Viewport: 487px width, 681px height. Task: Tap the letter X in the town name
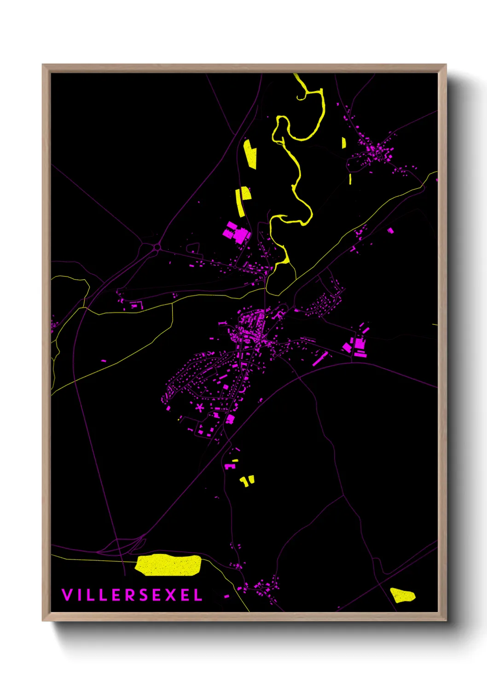[x=170, y=595]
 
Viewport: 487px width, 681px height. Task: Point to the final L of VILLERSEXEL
[x=198, y=595]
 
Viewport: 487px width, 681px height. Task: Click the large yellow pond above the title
[x=168, y=565]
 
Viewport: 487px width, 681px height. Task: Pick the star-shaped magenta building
[x=200, y=407]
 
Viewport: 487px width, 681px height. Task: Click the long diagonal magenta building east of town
[x=320, y=358]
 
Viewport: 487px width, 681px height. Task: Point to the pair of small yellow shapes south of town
[x=247, y=481]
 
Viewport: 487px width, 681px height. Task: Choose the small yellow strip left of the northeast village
[x=344, y=143]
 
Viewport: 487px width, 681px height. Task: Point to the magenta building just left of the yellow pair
[x=230, y=467]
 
